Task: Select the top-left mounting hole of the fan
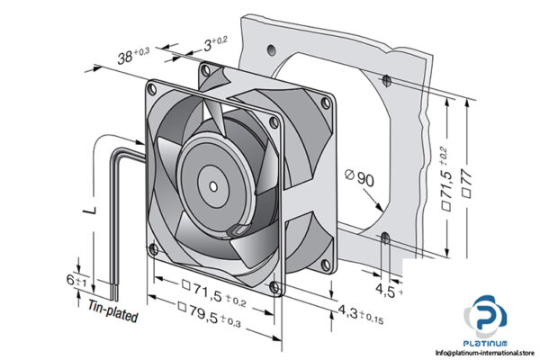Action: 152,87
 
